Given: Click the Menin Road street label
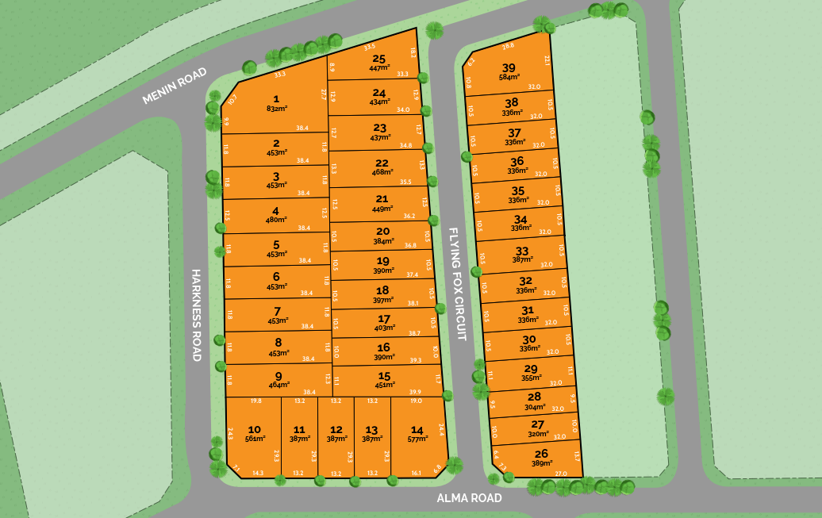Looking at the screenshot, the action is tap(175, 86).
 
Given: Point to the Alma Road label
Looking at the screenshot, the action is tap(470, 498).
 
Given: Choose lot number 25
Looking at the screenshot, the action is tap(379, 59).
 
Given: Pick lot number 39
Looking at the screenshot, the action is tap(509, 67).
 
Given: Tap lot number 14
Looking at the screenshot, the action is tap(417, 429).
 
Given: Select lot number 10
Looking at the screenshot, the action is tap(255, 429).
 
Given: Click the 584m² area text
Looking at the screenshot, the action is tap(509, 77).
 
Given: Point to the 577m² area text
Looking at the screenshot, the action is tap(417, 439).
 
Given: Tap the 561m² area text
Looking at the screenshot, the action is tap(255, 439).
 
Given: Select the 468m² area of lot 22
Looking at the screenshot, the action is tap(382, 172).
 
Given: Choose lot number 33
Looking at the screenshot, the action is tap(522, 251).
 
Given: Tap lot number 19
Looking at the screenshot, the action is tap(383, 261).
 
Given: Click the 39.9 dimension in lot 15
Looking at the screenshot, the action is tap(415, 392).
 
